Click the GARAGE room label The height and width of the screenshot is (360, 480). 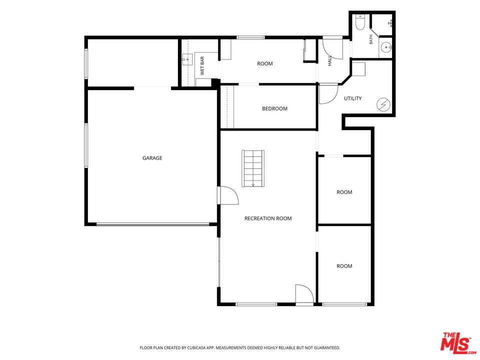[x=152, y=158]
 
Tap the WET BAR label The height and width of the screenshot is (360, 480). [x=202, y=66]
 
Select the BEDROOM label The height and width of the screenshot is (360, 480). [x=274, y=108]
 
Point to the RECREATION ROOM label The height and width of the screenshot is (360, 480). [x=268, y=218]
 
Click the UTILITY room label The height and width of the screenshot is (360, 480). [x=352, y=98]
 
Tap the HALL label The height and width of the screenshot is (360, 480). [x=329, y=60]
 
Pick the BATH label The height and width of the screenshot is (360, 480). [x=371, y=39]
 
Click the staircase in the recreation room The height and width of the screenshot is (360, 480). [x=253, y=168]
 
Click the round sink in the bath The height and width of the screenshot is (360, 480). [x=386, y=47]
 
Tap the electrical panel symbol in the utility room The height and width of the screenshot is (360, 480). [x=383, y=105]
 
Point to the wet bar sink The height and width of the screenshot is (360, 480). [x=187, y=59]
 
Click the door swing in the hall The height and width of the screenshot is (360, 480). [x=333, y=49]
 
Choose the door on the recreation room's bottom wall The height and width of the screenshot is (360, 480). [x=304, y=294]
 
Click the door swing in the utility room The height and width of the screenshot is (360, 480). [x=328, y=94]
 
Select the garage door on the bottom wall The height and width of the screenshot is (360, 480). [x=153, y=224]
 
